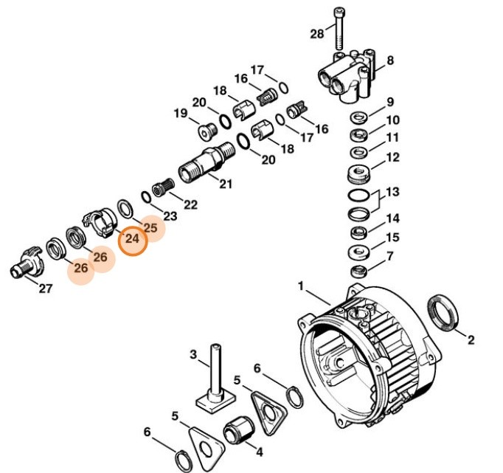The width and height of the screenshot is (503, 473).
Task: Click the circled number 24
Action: [x=133, y=239]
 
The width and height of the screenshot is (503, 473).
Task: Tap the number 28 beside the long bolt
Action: [x=317, y=34]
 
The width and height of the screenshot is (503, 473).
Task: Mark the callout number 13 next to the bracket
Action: [x=392, y=192]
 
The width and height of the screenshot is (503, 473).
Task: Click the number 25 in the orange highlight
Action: [x=150, y=227]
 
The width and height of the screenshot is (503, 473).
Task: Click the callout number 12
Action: [x=392, y=156]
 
